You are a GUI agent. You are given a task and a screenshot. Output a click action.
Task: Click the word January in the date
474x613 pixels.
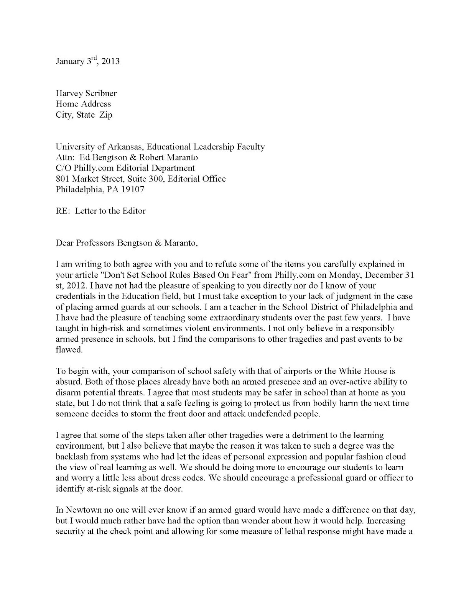(x=70, y=61)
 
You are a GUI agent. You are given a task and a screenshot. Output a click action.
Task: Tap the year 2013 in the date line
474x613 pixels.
(x=111, y=61)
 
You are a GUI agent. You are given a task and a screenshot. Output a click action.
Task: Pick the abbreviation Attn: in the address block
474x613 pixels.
(x=65, y=157)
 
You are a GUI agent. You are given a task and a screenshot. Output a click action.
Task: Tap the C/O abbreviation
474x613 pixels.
(x=63, y=168)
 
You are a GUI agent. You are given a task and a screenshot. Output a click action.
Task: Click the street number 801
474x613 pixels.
(x=63, y=179)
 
